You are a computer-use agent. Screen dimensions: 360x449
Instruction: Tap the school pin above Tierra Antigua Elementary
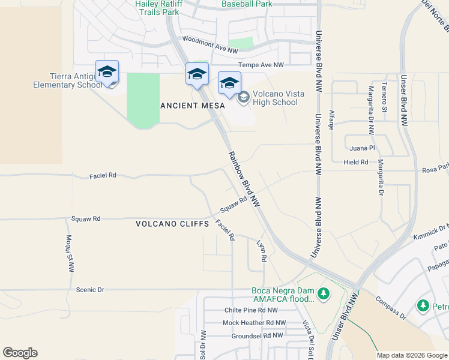click(107, 72)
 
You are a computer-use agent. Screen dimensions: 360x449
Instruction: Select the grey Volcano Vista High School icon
click(244, 97)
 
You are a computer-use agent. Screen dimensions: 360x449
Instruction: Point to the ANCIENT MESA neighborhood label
click(192, 106)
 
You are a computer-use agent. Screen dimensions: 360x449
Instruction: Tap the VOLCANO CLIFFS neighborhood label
click(172, 224)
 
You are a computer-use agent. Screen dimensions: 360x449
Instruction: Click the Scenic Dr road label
click(90, 289)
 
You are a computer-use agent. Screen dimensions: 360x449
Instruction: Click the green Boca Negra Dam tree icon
click(324, 294)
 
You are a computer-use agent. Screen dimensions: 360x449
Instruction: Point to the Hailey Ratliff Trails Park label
click(158, 7)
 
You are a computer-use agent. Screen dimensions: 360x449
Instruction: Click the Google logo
click(20, 353)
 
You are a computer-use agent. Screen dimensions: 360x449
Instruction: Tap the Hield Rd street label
click(356, 162)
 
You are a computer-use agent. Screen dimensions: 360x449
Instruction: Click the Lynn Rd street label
click(262, 251)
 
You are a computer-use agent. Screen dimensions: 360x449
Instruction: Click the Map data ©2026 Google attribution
click(412, 355)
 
